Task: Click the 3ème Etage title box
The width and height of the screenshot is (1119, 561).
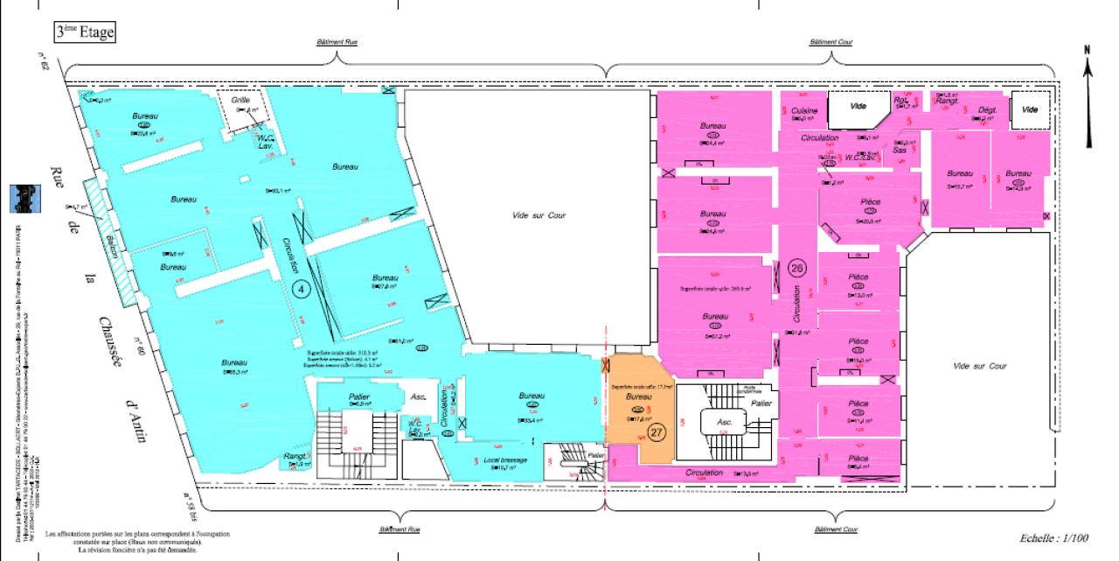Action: (x=85, y=32)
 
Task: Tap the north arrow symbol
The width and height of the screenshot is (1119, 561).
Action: (x=1088, y=96)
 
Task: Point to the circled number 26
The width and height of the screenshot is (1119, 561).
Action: (x=796, y=266)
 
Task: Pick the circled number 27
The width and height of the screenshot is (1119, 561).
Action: (x=657, y=431)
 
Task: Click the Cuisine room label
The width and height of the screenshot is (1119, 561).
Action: (x=803, y=111)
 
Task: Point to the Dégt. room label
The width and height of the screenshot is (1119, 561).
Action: (x=987, y=110)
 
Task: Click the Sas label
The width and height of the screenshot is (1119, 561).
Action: (x=900, y=151)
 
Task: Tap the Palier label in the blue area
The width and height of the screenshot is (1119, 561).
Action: (x=358, y=396)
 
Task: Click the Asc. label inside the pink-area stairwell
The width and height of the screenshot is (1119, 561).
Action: (x=724, y=421)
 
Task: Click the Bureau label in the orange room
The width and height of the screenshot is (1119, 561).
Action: (x=639, y=396)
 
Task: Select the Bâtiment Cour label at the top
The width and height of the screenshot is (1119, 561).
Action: (x=831, y=42)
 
